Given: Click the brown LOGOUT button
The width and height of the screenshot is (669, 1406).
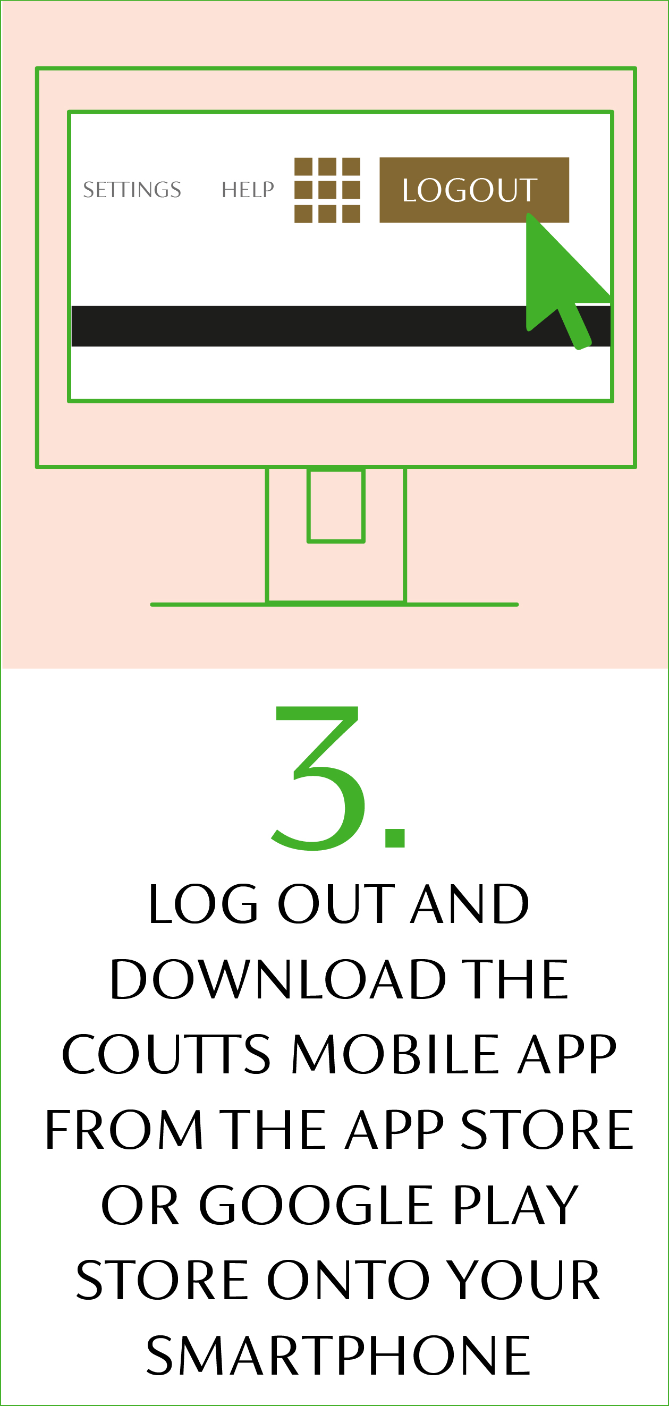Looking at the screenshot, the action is coord(474,190).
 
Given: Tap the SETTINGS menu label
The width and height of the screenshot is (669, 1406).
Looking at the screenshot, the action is coord(132,190).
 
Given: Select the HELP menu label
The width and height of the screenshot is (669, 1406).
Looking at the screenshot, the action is coord(248,190).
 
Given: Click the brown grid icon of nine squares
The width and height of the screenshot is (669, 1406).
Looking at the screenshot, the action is coord(327,190).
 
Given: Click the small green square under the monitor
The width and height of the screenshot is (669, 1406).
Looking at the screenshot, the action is coord(336,505).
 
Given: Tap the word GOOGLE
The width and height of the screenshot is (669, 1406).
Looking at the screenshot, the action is coord(316,1205).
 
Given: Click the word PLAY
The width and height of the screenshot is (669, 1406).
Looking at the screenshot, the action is coord(515,1205).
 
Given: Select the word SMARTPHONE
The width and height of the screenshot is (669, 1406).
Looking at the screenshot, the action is coord(338,1354).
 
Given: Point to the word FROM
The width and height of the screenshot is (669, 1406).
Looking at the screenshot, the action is coord(124,1129).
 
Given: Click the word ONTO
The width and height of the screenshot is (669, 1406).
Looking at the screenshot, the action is coord(349,1280).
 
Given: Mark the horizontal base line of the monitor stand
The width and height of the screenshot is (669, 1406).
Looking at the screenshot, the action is coord(335,604).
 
